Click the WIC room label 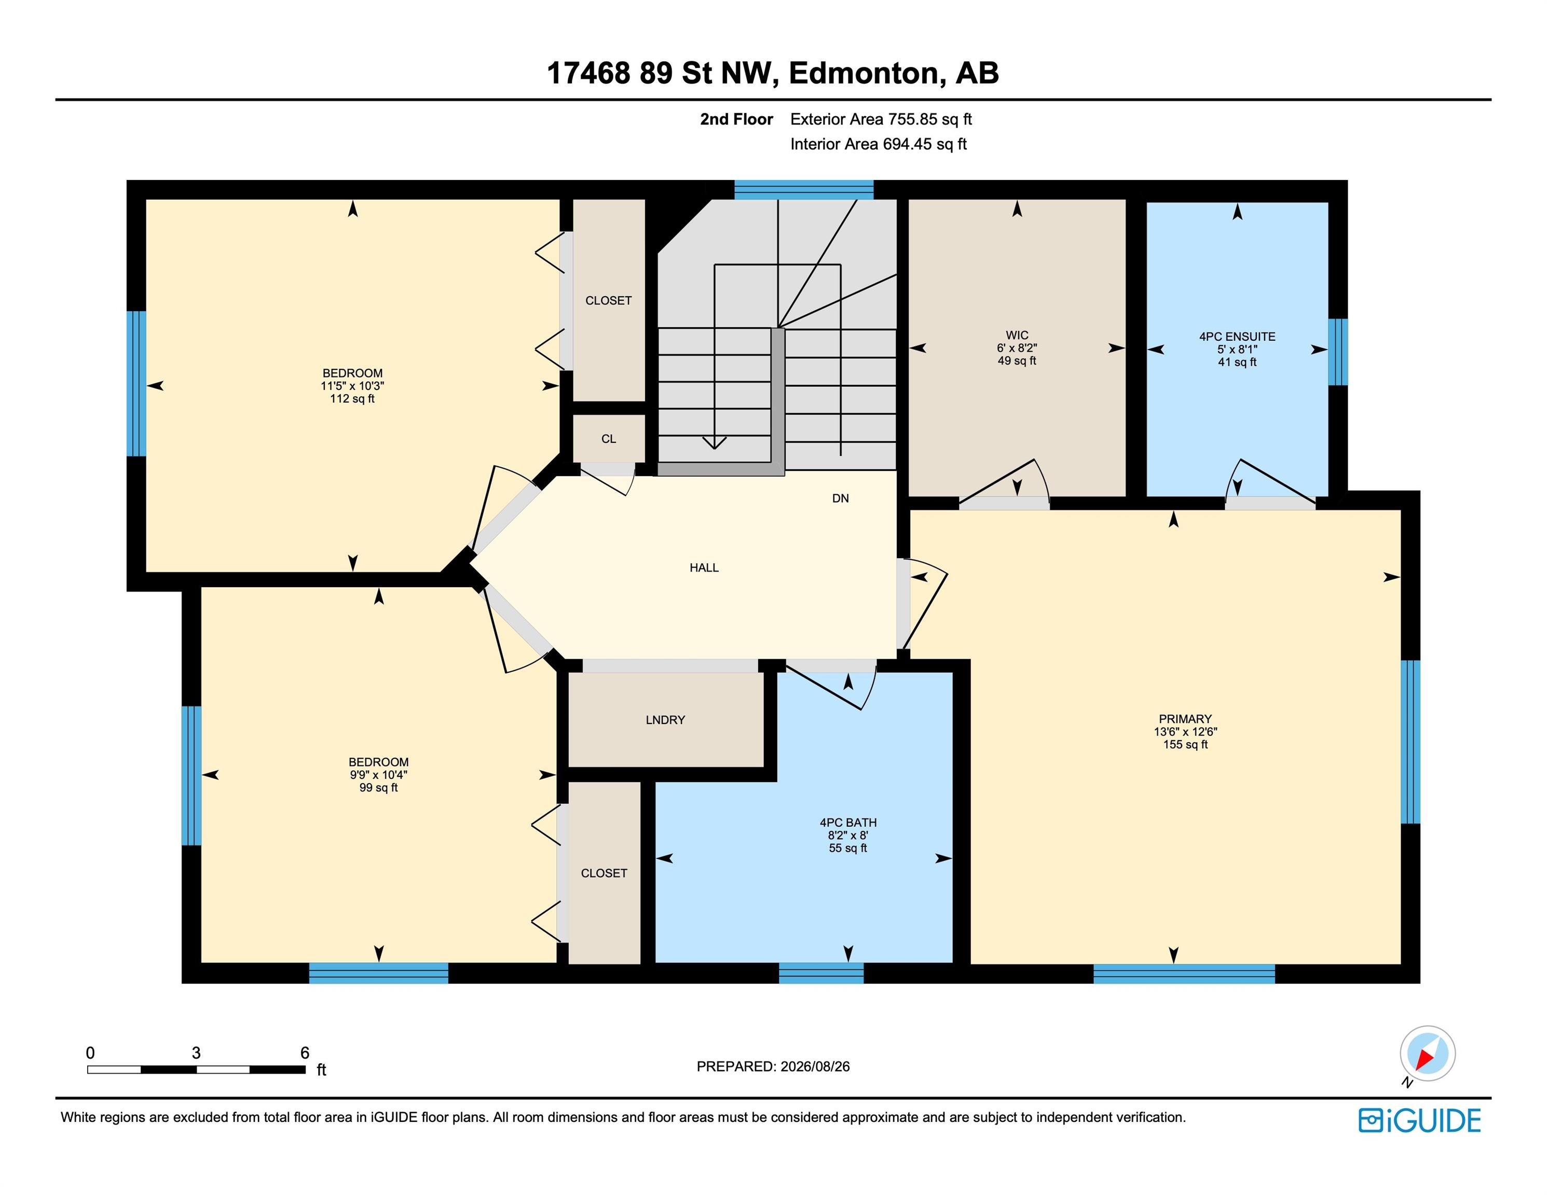(1017, 335)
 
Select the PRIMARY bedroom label (1185, 718)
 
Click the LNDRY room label (665, 720)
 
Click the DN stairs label (840, 498)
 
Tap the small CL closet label (608, 439)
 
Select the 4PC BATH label (848, 823)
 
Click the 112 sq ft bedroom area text (352, 398)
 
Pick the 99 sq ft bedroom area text (378, 787)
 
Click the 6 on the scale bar (305, 1053)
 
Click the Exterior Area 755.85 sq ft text (881, 119)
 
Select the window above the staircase (803, 190)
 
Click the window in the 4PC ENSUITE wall (1337, 352)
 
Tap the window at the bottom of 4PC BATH (821, 974)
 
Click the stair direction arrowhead (714, 442)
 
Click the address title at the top (773, 73)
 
